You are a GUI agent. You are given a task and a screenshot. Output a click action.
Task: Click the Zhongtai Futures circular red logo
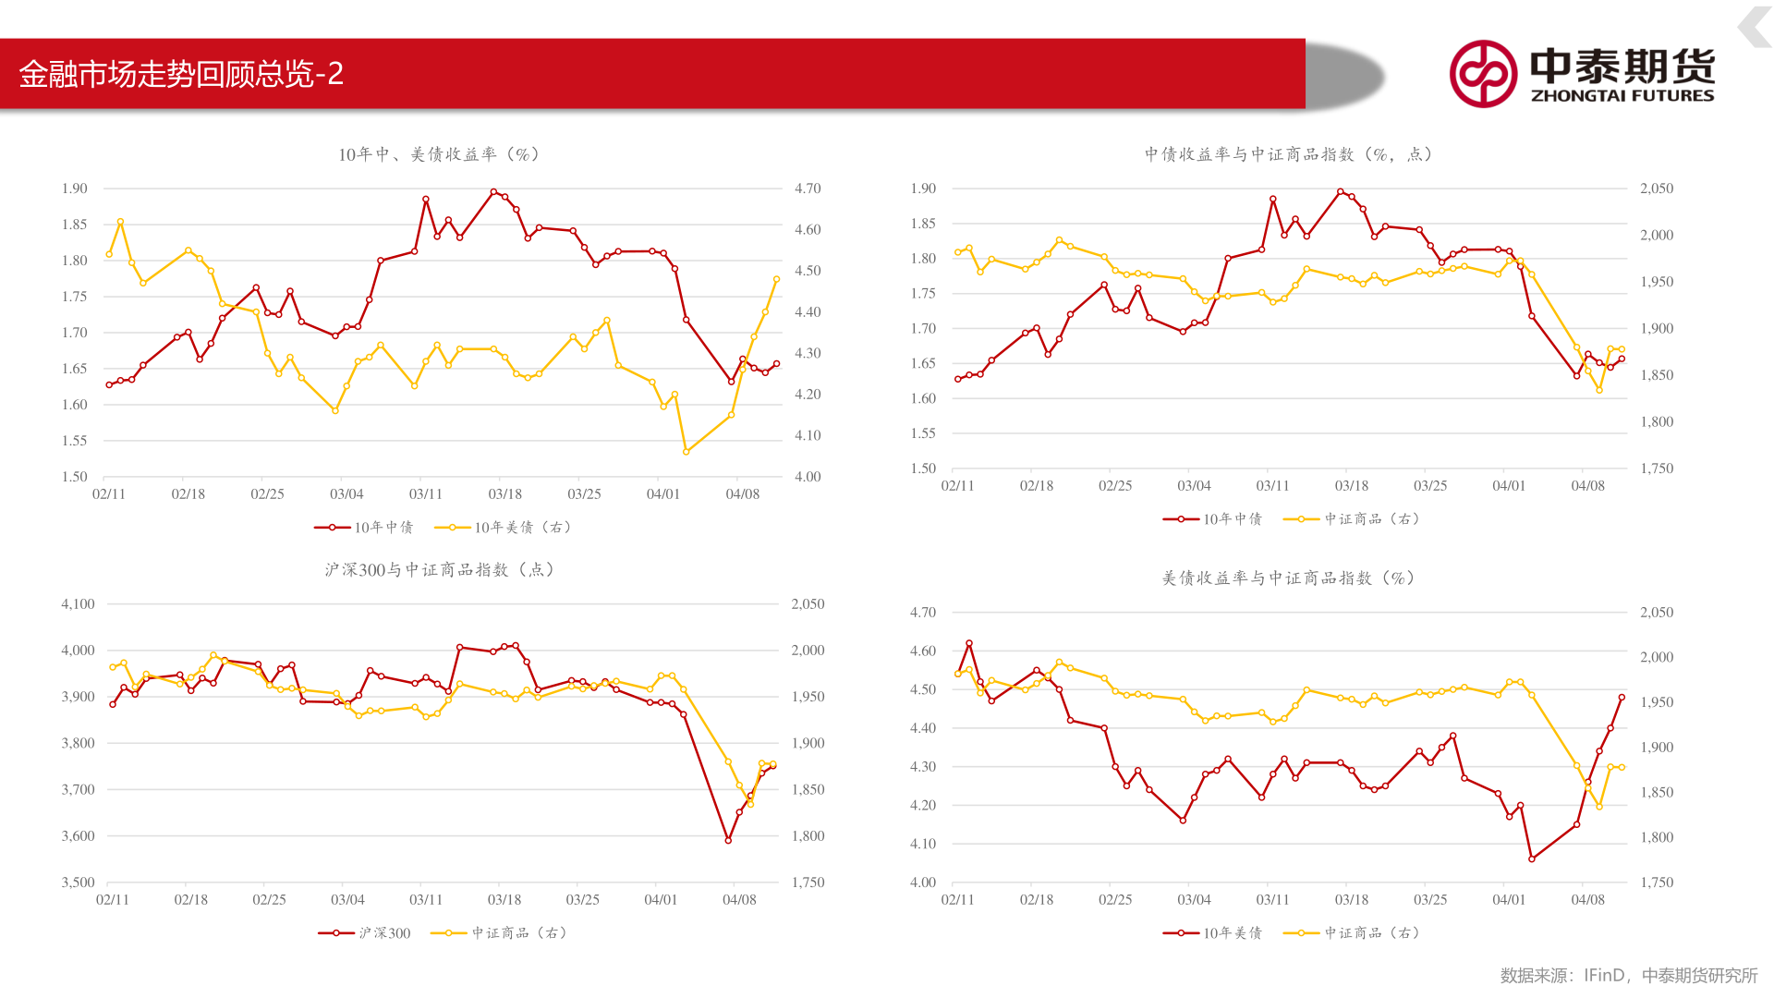coord(1483,74)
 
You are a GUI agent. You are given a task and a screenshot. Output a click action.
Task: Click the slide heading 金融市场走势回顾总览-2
coord(181,74)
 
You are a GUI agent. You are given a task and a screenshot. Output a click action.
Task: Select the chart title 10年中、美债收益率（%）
coord(439,154)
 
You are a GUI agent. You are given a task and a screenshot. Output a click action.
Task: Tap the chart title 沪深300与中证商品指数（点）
coord(439,570)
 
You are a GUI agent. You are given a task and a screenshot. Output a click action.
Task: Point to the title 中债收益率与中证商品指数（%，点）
coord(1288,154)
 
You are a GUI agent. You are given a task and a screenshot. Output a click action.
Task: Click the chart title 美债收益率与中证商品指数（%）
coord(1288,578)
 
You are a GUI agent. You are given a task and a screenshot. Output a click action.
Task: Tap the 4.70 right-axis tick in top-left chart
coord(808,189)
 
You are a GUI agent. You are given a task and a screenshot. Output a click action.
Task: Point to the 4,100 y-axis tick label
coord(79,604)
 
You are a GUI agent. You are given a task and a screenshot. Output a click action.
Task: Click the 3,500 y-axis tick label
coord(79,882)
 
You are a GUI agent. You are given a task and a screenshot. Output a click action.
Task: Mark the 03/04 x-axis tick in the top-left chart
coord(346,494)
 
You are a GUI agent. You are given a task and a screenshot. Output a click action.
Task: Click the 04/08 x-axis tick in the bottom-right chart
coord(1587,900)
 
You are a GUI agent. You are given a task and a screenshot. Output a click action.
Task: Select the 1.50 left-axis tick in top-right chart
coord(923,469)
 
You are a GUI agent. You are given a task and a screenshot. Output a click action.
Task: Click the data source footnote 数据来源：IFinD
coord(1561,976)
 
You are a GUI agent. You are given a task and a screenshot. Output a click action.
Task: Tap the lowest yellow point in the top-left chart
coord(686,452)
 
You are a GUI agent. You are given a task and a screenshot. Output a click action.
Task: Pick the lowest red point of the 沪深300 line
coord(728,840)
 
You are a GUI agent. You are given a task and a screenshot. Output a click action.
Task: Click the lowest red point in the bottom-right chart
coord(1532,859)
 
